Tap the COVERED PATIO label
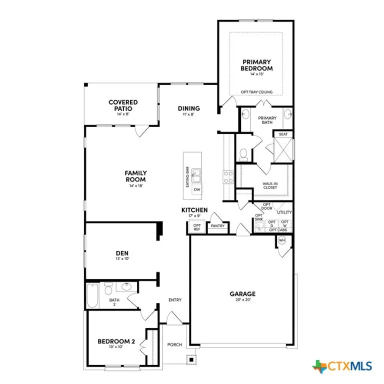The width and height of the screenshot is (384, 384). [123, 105]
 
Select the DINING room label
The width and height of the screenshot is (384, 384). [189, 108]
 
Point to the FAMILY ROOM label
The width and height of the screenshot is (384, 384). [135, 176]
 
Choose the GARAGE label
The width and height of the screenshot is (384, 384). [242, 294]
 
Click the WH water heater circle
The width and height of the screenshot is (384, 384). [281, 240]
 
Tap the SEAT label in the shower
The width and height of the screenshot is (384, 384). [282, 134]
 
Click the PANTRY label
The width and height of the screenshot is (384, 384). [217, 226]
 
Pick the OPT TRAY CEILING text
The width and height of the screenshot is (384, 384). [256, 92]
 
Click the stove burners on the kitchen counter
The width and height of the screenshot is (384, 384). [228, 176]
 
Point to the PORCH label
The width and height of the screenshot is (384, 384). [174, 344]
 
